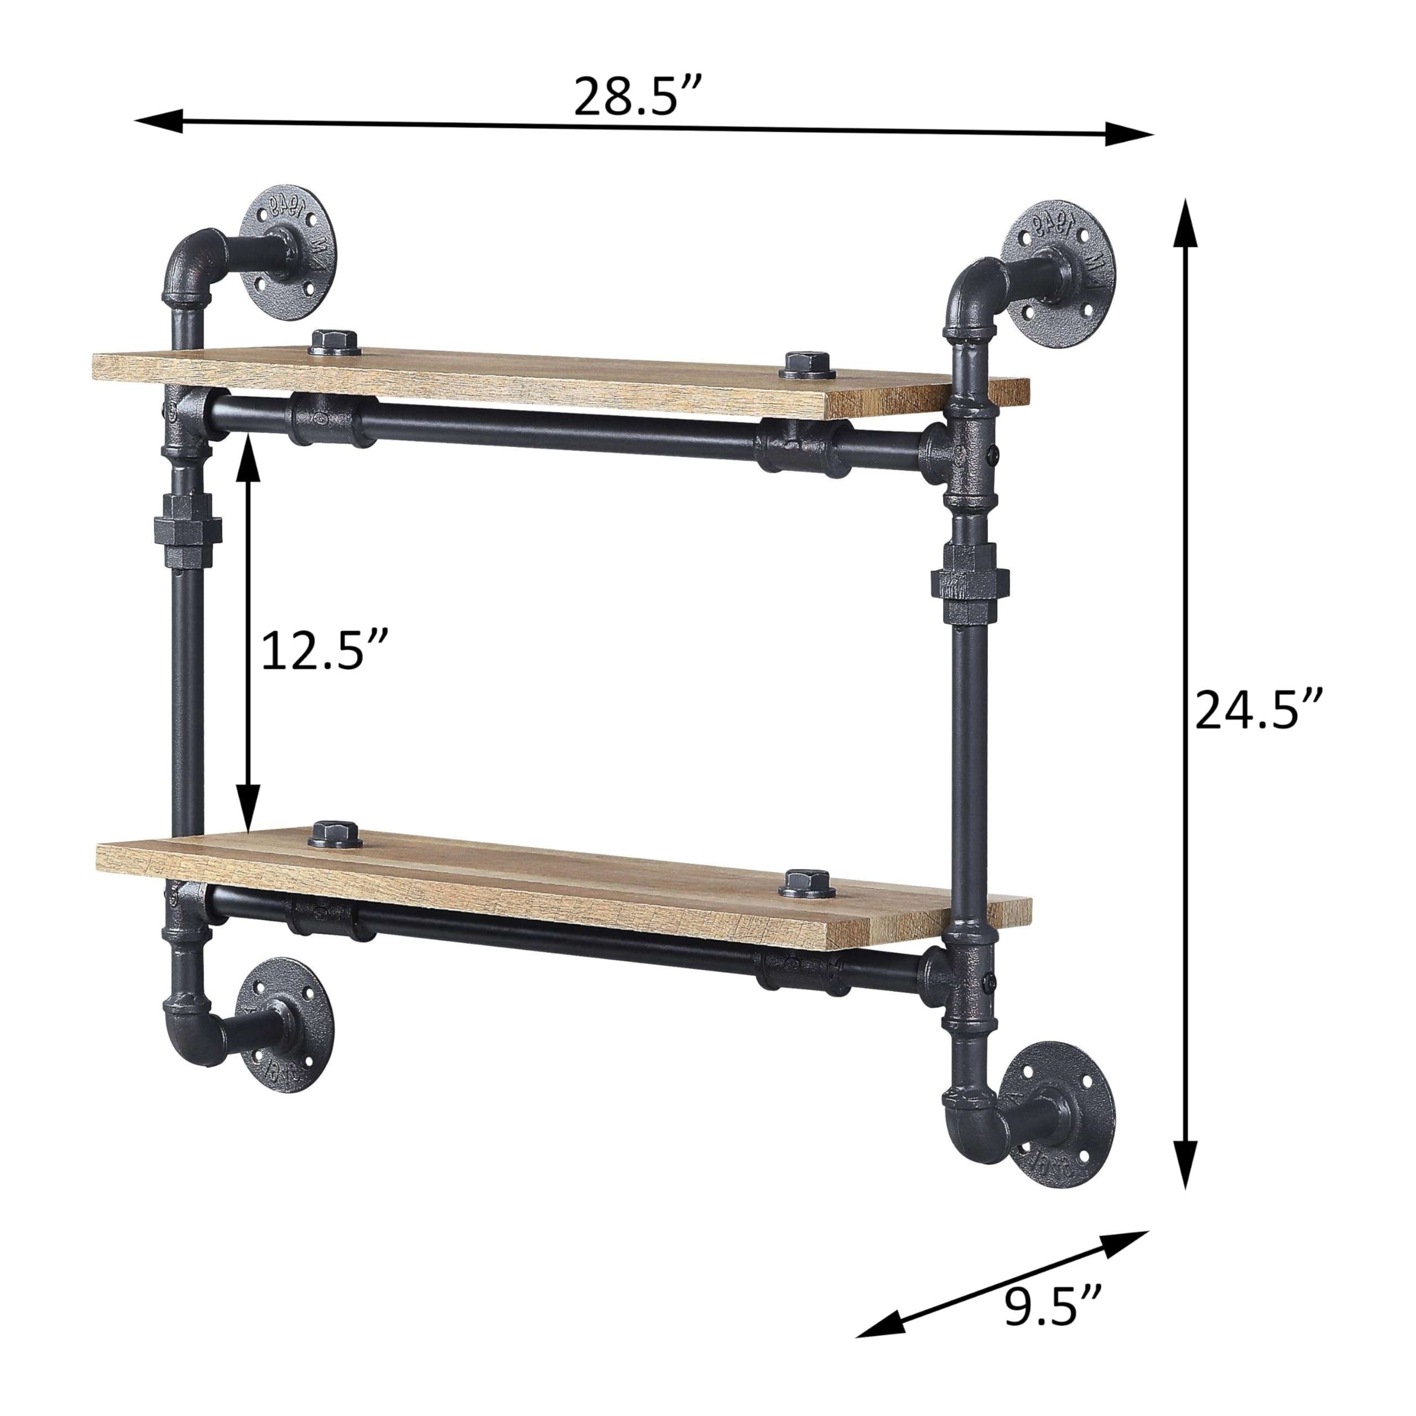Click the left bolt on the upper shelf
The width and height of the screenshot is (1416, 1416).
point(335,342)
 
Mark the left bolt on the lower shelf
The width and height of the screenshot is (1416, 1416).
point(335,835)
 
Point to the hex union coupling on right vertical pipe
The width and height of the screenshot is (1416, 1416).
point(970,579)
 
